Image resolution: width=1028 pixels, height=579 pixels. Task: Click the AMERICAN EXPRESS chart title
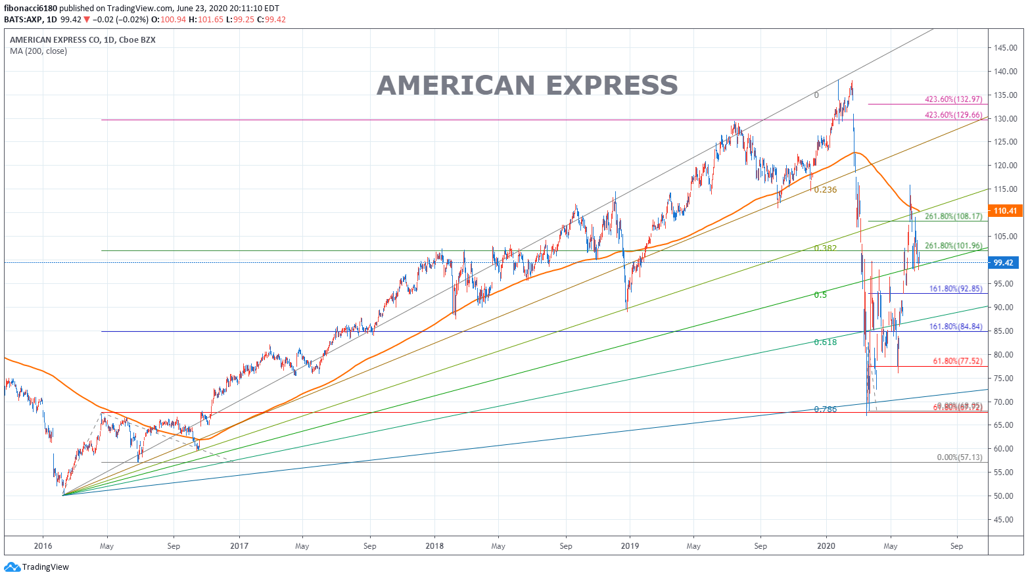pyautogui.click(x=527, y=85)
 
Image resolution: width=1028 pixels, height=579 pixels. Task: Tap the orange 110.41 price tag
pyautogui.click(x=1005, y=211)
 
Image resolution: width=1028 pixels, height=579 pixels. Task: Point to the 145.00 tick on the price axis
pyautogui.click(x=1006, y=48)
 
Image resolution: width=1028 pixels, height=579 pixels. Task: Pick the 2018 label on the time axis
pyautogui.click(x=434, y=545)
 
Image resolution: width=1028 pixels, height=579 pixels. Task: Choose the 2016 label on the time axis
pyautogui.click(x=43, y=545)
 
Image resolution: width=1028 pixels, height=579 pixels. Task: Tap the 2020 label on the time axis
pyautogui.click(x=826, y=545)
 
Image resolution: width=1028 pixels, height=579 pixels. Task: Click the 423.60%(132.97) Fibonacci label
pyautogui.click(x=954, y=99)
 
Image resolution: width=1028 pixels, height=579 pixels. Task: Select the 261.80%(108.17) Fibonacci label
pyautogui.click(x=954, y=216)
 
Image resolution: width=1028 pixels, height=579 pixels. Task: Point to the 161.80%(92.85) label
pyautogui.click(x=956, y=289)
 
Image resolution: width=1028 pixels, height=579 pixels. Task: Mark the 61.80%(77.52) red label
pyautogui.click(x=958, y=361)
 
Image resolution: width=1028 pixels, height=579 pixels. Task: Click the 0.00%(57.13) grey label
pyautogui.click(x=960, y=457)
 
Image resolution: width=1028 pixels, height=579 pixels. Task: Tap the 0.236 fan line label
pyautogui.click(x=826, y=190)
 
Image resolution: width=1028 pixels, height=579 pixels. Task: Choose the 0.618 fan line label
pyautogui.click(x=826, y=342)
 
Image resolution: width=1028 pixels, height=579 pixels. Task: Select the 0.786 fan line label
pyautogui.click(x=826, y=409)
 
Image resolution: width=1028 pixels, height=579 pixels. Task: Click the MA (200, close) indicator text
pyautogui.click(x=38, y=51)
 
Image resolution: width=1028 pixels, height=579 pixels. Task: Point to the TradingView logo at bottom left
pyautogui.click(x=37, y=567)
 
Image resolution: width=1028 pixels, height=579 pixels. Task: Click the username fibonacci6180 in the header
pyautogui.click(x=31, y=9)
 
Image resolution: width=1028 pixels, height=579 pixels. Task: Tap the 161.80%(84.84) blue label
pyautogui.click(x=956, y=327)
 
